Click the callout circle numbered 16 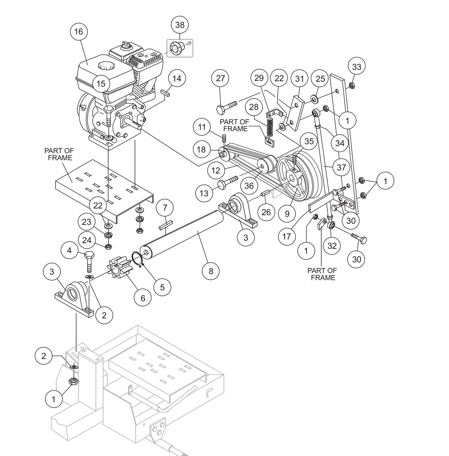tap(79, 31)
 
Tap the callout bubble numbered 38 tap(180, 25)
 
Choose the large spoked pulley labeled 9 tap(293, 179)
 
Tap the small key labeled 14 tap(165, 92)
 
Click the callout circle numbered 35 tap(309, 141)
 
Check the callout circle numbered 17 tap(286, 236)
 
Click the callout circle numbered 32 tap(332, 246)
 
